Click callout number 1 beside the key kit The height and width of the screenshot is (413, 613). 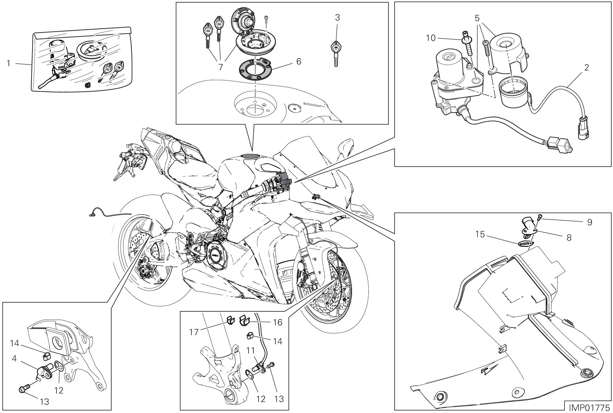9,63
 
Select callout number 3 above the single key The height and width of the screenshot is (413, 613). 337,18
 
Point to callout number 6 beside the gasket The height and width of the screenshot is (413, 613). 298,61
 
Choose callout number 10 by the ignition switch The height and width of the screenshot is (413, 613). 431,38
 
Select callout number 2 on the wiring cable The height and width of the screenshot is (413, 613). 586,67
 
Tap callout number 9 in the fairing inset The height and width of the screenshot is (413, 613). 589,222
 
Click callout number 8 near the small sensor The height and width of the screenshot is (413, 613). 569,237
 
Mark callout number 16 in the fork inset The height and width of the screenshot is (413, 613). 278,322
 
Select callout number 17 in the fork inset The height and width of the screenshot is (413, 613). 194,332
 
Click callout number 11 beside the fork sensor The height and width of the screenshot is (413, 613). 250,351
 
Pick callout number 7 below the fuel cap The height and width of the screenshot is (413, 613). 220,67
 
